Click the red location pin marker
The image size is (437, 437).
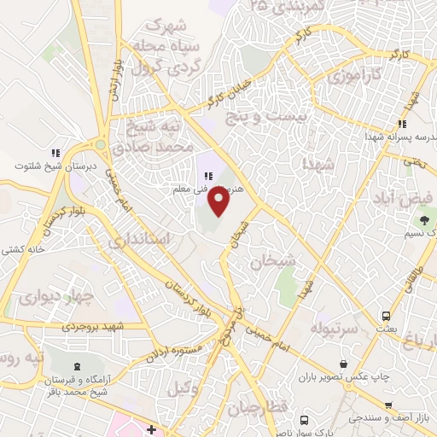click(220, 202)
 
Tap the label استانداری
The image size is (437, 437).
click(143, 240)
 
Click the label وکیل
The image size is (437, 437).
click(178, 388)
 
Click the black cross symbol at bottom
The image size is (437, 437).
click(151, 428)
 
